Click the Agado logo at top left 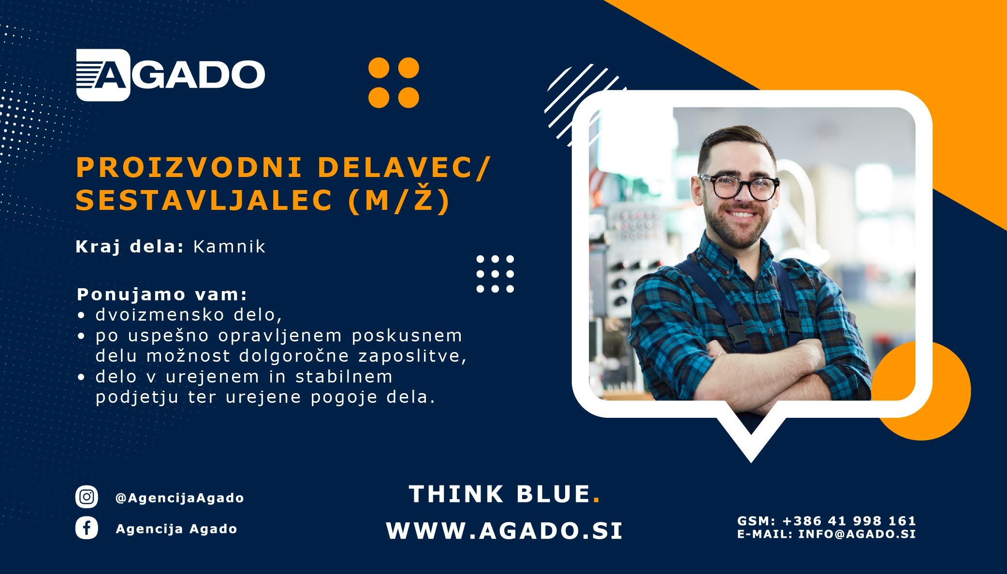point(171,75)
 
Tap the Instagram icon point(87,497)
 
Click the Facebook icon point(87,528)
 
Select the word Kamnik point(230,247)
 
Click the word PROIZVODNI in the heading point(190,167)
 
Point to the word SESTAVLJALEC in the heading point(204,200)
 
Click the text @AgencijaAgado point(180,498)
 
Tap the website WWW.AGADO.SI point(504,530)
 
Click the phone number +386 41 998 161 point(849,521)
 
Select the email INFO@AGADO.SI point(857,534)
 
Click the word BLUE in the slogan point(554,494)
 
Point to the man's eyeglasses point(739,186)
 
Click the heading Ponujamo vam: point(162,294)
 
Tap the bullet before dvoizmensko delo point(81,316)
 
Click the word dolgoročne point(294,356)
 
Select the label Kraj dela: point(130,247)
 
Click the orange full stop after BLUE point(596,500)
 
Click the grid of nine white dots point(495,274)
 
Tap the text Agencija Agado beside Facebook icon point(176,529)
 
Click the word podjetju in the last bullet point(137,397)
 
